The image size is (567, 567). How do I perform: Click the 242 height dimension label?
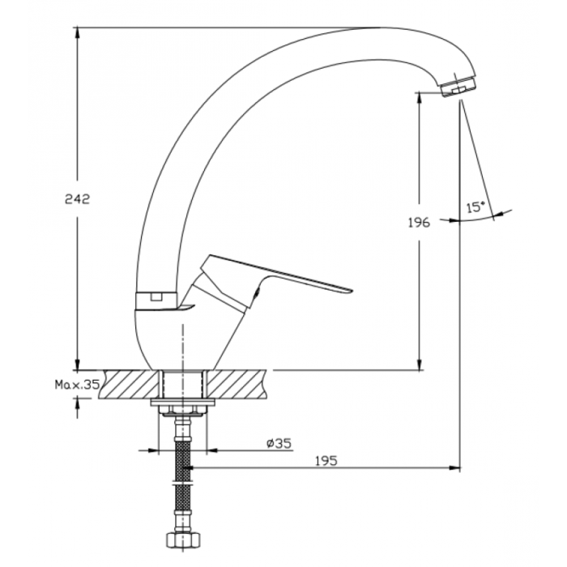click(x=77, y=199)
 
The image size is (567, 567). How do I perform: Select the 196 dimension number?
click(x=419, y=223)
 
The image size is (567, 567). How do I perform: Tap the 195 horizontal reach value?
click(x=326, y=461)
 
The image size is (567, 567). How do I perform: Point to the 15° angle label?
click(x=475, y=207)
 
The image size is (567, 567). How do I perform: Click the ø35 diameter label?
click(x=279, y=443)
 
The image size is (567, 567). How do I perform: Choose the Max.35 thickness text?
click(x=77, y=385)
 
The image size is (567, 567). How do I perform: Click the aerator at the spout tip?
click(x=459, y=86)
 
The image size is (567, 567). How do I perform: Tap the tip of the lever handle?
click(x=352, y=290)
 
